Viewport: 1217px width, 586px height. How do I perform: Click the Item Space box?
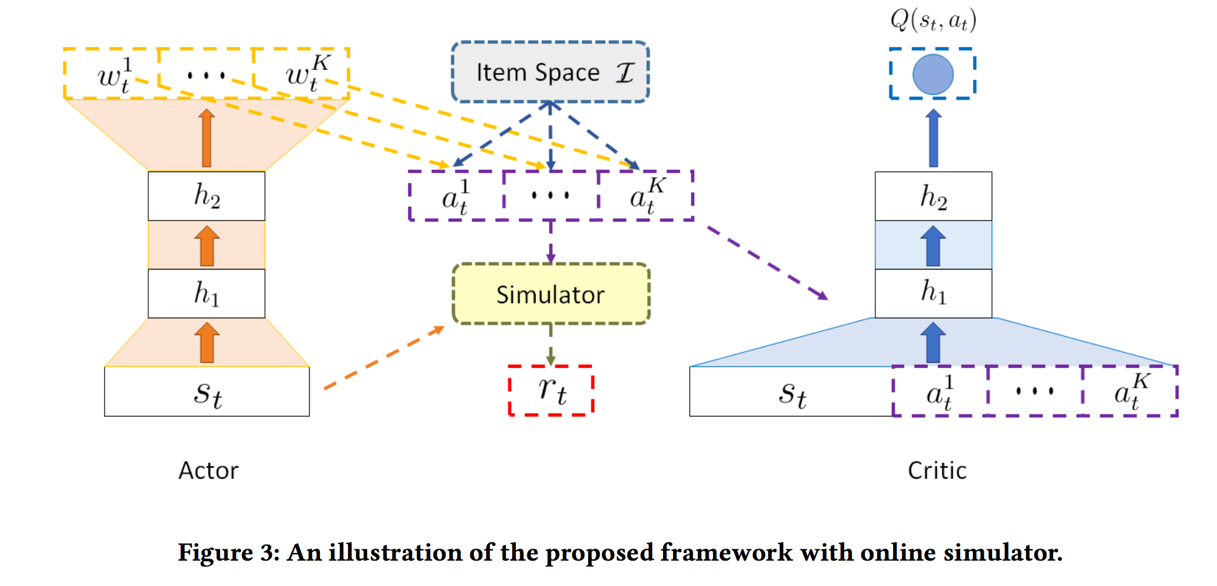[550, 72]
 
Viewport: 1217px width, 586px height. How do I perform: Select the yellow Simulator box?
[550, 294]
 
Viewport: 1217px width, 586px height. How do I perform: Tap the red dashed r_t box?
[551, 391]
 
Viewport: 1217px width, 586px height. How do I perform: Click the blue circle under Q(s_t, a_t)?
[932, 74]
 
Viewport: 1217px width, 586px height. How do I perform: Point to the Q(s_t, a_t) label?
[932, 20]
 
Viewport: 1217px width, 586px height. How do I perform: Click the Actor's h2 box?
[207, 196]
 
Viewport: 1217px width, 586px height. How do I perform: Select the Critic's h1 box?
[933, 293]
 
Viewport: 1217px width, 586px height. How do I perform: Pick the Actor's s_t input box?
[207, 392]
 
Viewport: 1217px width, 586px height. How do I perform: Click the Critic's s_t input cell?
[791, 392]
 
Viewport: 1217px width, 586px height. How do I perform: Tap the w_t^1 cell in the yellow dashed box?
[112, 74]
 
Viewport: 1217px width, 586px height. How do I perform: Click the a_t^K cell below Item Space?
[645, 196]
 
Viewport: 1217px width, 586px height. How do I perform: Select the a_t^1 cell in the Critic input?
[939, 392]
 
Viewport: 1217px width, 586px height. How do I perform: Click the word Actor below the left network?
[208, 471]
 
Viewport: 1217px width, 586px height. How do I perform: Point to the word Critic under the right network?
[937, 471]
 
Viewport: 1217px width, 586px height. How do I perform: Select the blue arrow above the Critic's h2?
[933, 138]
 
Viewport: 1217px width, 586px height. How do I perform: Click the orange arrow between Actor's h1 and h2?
[207, 245]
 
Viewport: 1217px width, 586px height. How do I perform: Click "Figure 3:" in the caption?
[228, 552]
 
